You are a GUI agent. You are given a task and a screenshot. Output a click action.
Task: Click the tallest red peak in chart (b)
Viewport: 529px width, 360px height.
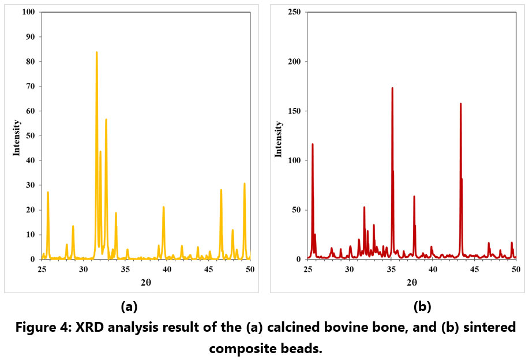pos(392,89)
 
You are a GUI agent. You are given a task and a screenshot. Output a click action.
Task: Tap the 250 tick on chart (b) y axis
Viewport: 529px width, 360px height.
pos(295,12)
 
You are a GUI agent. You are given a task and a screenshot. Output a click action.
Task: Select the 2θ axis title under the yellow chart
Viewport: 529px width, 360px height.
pos(146,282)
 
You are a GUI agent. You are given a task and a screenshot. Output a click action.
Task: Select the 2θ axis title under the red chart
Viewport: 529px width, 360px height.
pos(411,282)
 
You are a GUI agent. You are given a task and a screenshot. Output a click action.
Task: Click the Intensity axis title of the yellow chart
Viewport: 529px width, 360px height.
pos(17,137)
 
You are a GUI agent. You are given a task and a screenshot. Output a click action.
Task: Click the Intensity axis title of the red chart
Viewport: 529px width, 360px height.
pos(279,137)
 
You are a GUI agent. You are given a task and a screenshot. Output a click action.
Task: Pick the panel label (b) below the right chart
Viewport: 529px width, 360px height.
pos(422,305)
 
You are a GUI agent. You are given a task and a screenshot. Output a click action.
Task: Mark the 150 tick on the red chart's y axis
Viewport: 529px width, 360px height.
pos(295,111)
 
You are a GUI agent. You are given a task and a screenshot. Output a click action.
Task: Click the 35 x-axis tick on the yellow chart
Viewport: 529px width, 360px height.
pos(125,269)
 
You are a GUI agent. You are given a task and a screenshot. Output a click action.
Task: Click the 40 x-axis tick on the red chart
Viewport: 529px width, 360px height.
pos(432,269)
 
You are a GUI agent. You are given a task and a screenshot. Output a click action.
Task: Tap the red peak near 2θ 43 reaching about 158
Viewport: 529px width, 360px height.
pos(460,104)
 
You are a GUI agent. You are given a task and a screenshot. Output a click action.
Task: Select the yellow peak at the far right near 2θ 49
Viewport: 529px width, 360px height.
pos(245,185)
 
